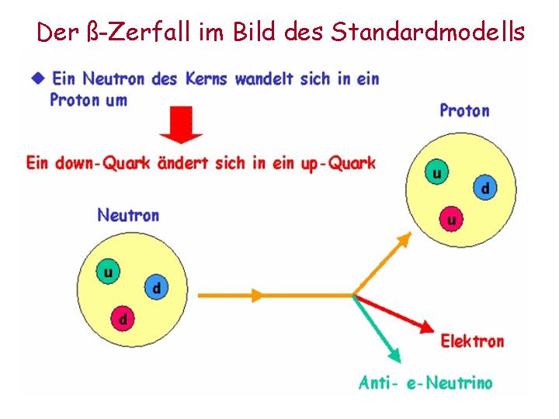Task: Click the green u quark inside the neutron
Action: (x=108, y=272)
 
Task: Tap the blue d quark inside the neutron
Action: (x=157, y=287)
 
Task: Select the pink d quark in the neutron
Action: (x=123, y=318)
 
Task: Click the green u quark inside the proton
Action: (x=436, y=172)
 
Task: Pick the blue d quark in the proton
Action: (x=485, y=188)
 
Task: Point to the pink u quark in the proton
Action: (x=451, y=219)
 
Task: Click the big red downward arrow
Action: (x=182, y=125)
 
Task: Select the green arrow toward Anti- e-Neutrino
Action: (x=377, y=329)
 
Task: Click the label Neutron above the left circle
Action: (x=128, y=216)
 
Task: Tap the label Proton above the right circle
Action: (x=464, y=110)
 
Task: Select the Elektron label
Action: (x=472, y=341)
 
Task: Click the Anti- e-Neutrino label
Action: (x=425, y=383)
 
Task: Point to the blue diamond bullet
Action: (x=38, y=78)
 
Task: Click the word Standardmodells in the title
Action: (x=428, y=31)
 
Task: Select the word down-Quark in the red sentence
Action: (x=102, y=164)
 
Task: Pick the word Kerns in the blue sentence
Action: (x=206, y=78)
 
